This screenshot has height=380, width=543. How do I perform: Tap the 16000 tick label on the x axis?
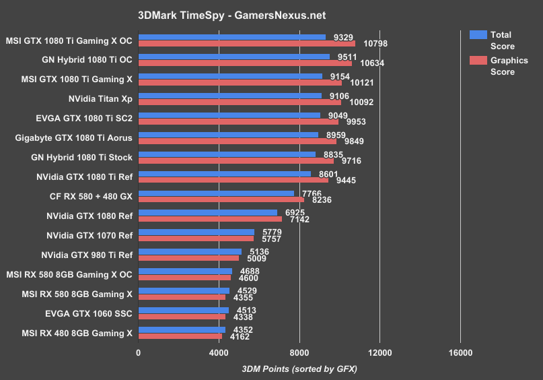[460, 353]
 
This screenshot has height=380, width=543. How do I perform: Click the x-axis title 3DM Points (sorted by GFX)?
[299, 369]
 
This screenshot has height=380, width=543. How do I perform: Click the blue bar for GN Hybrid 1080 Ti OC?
[234, 57]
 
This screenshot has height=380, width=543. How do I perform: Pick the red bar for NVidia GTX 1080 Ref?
[210, 219]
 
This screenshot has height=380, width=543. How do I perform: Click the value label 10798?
[373, 44]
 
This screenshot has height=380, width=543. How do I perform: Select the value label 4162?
[242, 336]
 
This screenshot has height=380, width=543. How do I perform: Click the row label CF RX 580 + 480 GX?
[92, 196]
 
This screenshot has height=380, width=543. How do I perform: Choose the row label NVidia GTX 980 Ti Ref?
[87, 255]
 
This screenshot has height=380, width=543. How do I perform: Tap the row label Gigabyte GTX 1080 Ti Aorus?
[73, 137]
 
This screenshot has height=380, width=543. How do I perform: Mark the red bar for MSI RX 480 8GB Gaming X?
[180, 336]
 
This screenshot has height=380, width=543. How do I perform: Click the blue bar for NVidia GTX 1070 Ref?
[196, 232]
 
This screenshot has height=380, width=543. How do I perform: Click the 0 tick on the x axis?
[139, 353]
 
